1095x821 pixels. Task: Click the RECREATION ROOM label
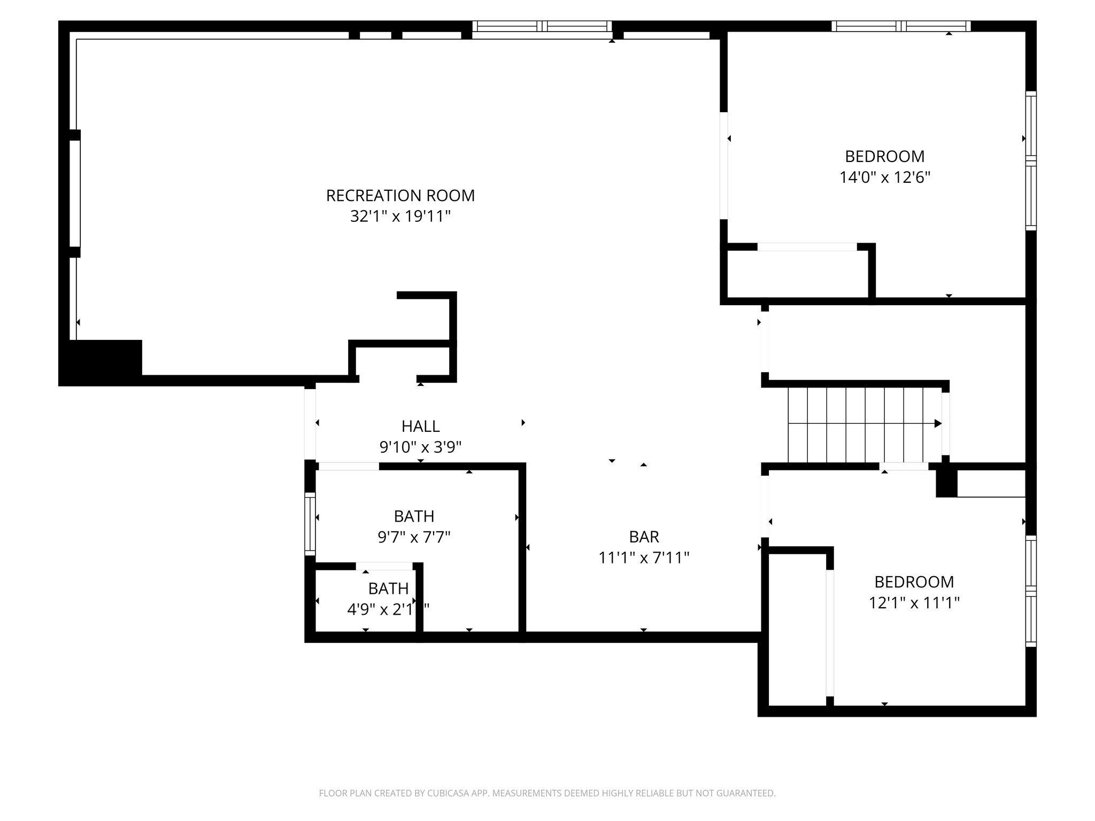(400, 196)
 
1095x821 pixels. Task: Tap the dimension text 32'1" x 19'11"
(400, 216)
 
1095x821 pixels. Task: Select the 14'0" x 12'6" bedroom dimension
(884, 177)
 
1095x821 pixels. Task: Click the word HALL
(420, 426)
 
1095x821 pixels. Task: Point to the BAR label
(644, 537)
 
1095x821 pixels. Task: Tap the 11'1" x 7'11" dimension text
(644, 558)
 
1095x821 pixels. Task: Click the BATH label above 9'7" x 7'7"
(414, 516)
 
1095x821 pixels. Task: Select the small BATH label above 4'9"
(388, 588)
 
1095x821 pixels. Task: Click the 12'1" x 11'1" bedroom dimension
(914, 603)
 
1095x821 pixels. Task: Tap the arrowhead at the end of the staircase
(938, 423)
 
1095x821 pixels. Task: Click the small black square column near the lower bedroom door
(946, 483)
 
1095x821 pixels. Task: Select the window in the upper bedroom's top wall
(901, 26)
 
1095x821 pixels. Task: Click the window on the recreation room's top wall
(542, 26)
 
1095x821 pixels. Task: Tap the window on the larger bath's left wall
(310, 524)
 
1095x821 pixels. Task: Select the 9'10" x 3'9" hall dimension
(420, 447)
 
